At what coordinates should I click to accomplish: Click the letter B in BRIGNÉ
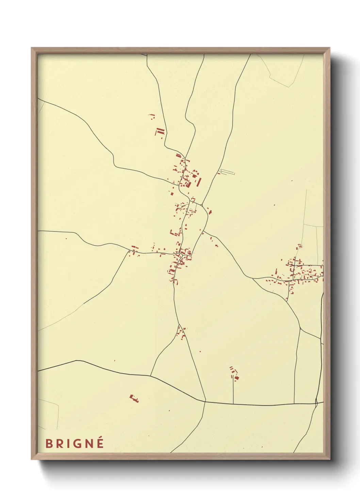(x=49, y=444)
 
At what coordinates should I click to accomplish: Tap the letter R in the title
(x=60, y=444)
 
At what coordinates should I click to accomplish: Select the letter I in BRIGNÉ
(x=69, y=444)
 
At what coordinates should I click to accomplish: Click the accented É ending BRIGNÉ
(x=100, y=443)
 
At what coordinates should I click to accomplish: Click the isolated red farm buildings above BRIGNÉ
(x=134, y=398)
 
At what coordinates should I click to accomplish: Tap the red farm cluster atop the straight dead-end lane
(x=234, y=373)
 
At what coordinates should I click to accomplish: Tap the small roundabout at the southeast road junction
(x=316, y=403)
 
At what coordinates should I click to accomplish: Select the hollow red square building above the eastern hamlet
(x=299, y=246)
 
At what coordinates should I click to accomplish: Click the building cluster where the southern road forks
(x=181, y=332)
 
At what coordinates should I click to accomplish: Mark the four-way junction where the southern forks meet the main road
(x=206, y=401)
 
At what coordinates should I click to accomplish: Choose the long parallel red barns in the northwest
(x=160, y=132)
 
